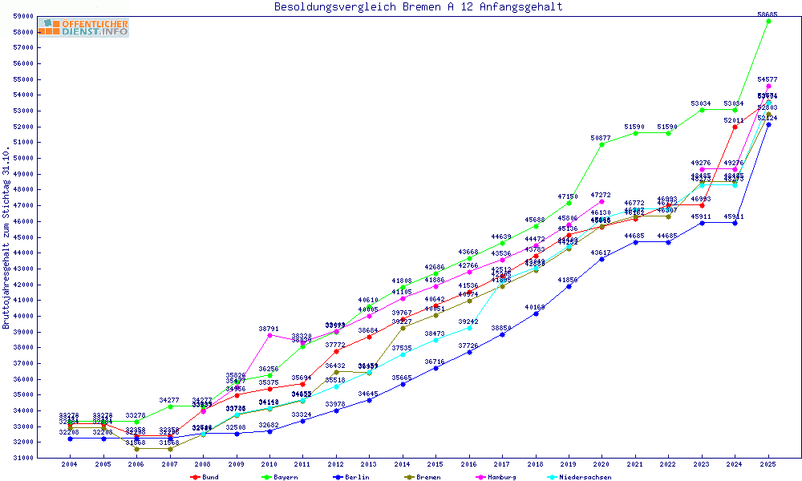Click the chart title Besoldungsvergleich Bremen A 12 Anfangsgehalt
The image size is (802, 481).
418,7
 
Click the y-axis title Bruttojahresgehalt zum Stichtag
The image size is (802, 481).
7,238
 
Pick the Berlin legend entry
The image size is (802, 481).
353,477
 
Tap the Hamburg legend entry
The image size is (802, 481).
499,477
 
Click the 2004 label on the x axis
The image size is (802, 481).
70,464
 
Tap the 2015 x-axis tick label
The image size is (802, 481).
435,464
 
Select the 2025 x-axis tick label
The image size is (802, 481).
768,464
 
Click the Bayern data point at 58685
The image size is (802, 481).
768,21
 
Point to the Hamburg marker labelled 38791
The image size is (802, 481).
269,335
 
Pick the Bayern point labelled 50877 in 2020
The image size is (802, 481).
602,144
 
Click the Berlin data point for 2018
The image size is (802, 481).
536,313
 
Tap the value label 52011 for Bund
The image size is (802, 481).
735,120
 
